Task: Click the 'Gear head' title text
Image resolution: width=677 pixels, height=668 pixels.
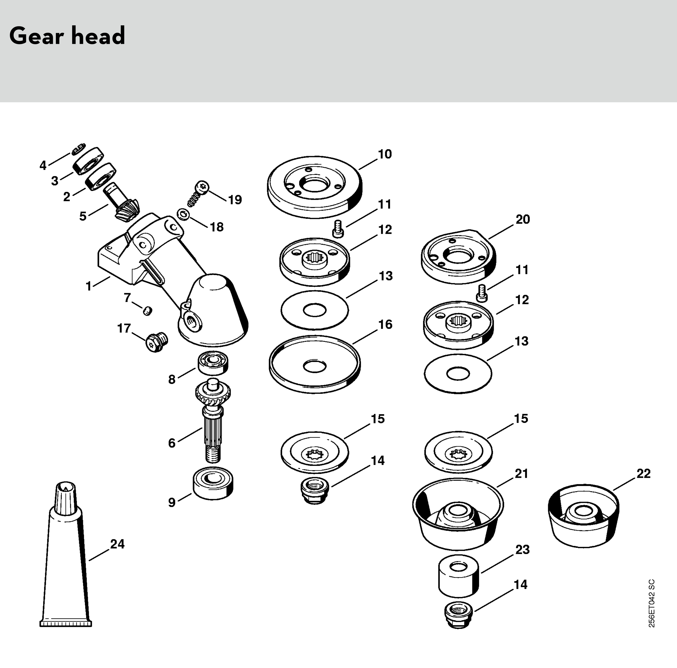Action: [x=67, y=36]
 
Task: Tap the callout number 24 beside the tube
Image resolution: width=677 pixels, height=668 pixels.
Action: [x=117, y=544]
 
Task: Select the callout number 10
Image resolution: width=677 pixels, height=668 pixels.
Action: [x=385, y=154]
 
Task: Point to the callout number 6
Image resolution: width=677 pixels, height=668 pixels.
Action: [x=172, y=443]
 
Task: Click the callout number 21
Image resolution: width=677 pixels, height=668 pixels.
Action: [x=521, y=474]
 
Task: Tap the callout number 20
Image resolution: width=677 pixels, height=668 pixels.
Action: [x=522, y=219]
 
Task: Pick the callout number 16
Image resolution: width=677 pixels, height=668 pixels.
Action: [x=385, y=324]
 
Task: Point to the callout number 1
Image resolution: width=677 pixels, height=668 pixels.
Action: [x=89, y=286]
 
